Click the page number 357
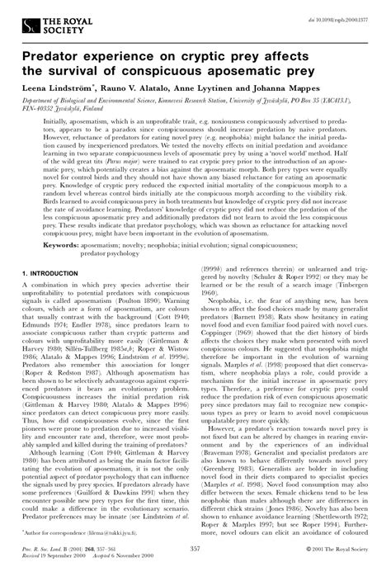click(x=195, y=547)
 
